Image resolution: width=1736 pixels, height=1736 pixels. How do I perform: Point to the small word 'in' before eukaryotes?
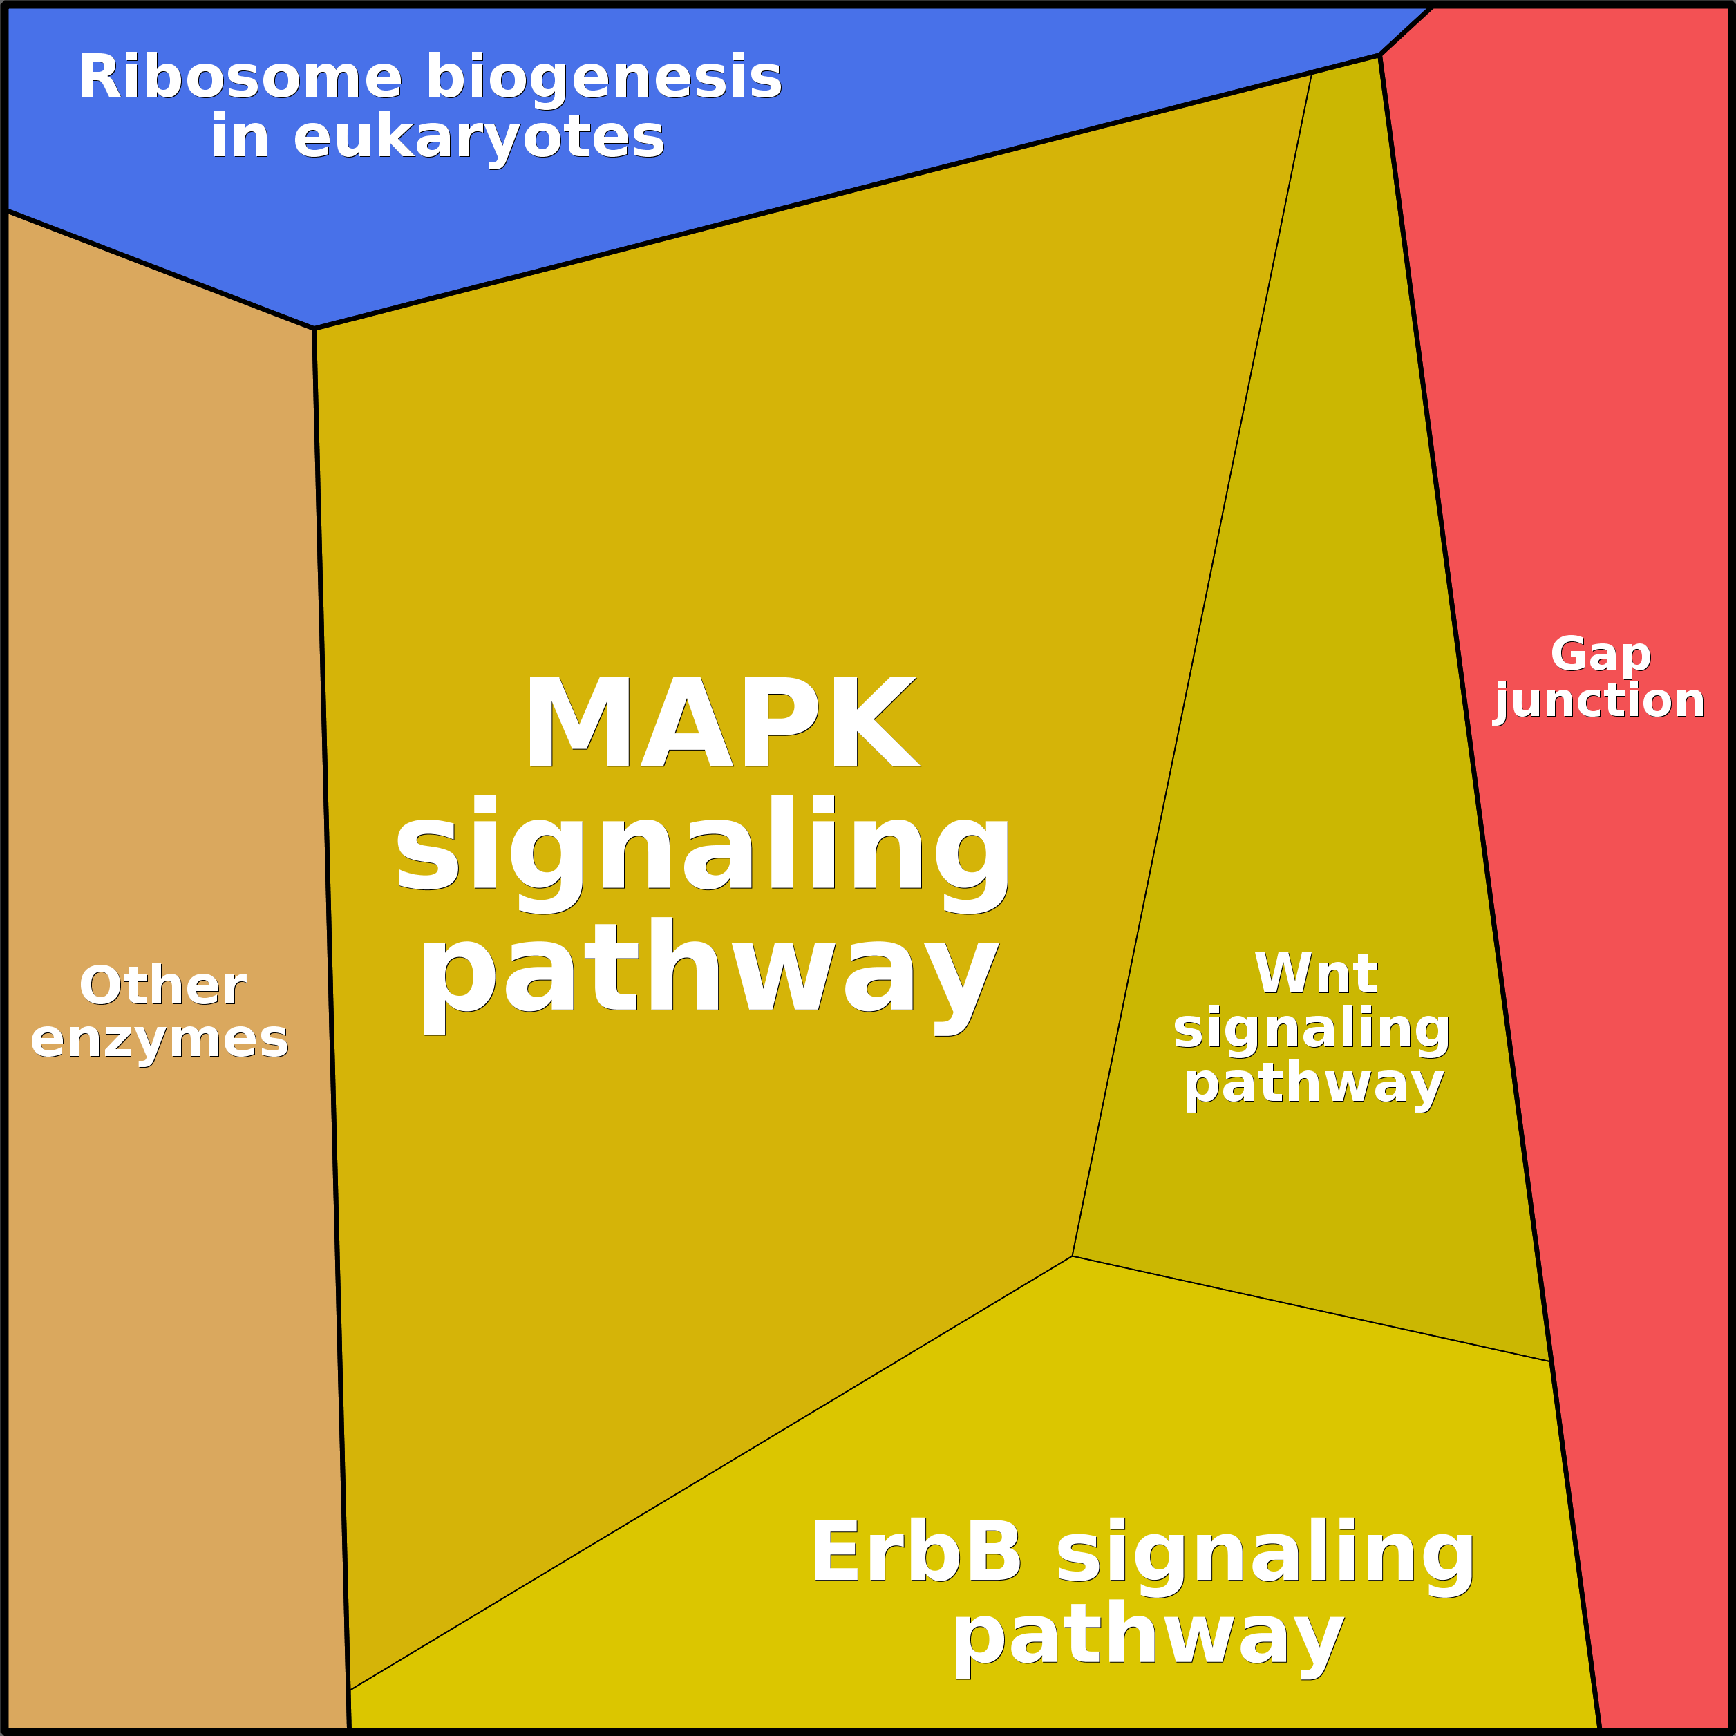click(x=240, y=138)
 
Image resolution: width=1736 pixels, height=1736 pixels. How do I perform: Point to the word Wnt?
click(x=1316, y=974)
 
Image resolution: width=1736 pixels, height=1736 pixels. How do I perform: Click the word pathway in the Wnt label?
click(x=1314, y=1084)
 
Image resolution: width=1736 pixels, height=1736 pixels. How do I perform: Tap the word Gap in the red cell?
click(x=1601, y=654)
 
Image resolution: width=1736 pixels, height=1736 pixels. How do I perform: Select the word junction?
click(x=1598, y=701)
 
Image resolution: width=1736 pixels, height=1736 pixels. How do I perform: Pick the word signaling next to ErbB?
click(x=1265, y=1556)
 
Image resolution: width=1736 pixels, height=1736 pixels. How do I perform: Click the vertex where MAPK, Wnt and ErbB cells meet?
click(x=1072, y=1256)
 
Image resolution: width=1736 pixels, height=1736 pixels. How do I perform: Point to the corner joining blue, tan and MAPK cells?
click(x=314, y=329)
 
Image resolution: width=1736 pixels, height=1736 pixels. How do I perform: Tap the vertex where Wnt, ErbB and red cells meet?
click(x=1550, y=1361)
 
